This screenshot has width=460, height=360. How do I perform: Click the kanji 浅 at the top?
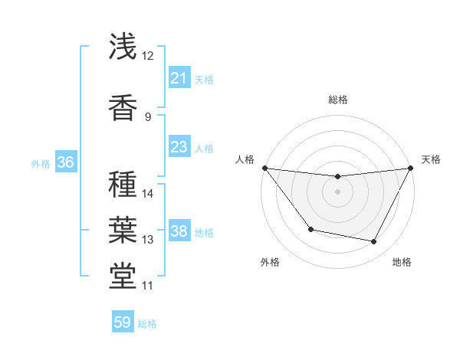coord(123,47)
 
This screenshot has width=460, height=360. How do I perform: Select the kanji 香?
coord(123,107)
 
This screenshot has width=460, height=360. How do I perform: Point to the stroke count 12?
coord(148,56)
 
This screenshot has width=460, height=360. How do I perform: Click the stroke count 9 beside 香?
coord(148,116)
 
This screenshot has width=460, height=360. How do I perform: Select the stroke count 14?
coord(148,193)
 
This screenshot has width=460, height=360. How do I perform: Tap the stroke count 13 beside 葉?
coord(148,240)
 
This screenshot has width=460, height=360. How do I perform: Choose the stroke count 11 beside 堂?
coord(148,286)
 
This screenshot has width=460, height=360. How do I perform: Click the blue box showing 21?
coord(179,77)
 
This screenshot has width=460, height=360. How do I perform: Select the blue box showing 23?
coord(179,147)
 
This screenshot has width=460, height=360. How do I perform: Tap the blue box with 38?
coord(179,231)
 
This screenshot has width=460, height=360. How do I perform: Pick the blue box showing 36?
coord(65,162)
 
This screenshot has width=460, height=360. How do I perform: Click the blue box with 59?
coord(123,322)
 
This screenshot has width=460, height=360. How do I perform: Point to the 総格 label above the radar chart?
coord(337,100)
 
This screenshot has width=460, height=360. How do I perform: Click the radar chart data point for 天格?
coord(410,168)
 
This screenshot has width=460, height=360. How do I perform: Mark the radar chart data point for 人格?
coord(264,168)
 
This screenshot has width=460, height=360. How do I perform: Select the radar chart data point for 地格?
coord(374,242)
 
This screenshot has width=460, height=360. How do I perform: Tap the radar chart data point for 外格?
coord(310,229)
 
